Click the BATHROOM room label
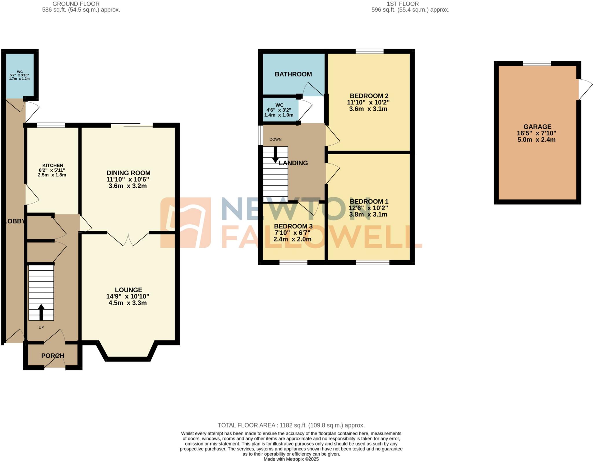point(293,74)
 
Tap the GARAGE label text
point(537,127)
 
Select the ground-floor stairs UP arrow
point(41,312)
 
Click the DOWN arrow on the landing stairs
point(275,155)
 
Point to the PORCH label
point(53,356)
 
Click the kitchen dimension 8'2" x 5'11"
point(52,170)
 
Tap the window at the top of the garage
point(537,63)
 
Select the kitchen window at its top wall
point(51,125)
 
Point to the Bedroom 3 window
point(293,263)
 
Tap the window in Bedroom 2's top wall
point(369,51)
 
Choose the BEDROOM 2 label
point(369,96)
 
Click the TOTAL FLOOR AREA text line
point(291,425)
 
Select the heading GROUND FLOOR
point(76,4)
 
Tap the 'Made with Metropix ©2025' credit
point(291,459)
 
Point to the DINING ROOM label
point(128,173)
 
